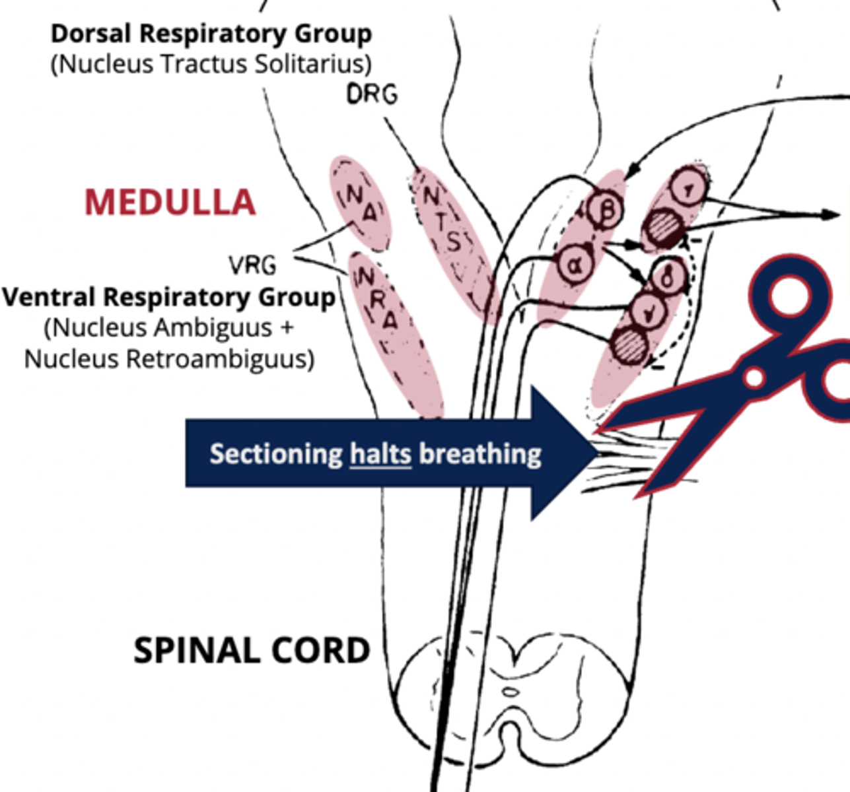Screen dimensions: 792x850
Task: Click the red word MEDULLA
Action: [170, 202]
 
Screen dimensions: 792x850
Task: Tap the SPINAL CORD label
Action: [252, 651]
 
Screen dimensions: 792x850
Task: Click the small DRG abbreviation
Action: [372, 95]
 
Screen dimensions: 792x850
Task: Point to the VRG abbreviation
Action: [252, 265]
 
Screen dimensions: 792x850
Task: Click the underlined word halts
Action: [380, 454]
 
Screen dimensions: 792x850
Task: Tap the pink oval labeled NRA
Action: [394, 333]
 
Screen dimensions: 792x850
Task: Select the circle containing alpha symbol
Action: [574, 265]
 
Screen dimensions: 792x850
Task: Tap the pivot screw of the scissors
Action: [754, 377]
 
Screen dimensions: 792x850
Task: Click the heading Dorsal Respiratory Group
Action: [211, 33]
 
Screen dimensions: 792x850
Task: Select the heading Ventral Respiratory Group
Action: [168, 297]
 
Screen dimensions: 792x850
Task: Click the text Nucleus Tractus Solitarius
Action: [211, 64]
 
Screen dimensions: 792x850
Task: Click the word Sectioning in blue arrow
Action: [276, 454]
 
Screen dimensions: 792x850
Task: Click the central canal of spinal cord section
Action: [510, 692]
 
